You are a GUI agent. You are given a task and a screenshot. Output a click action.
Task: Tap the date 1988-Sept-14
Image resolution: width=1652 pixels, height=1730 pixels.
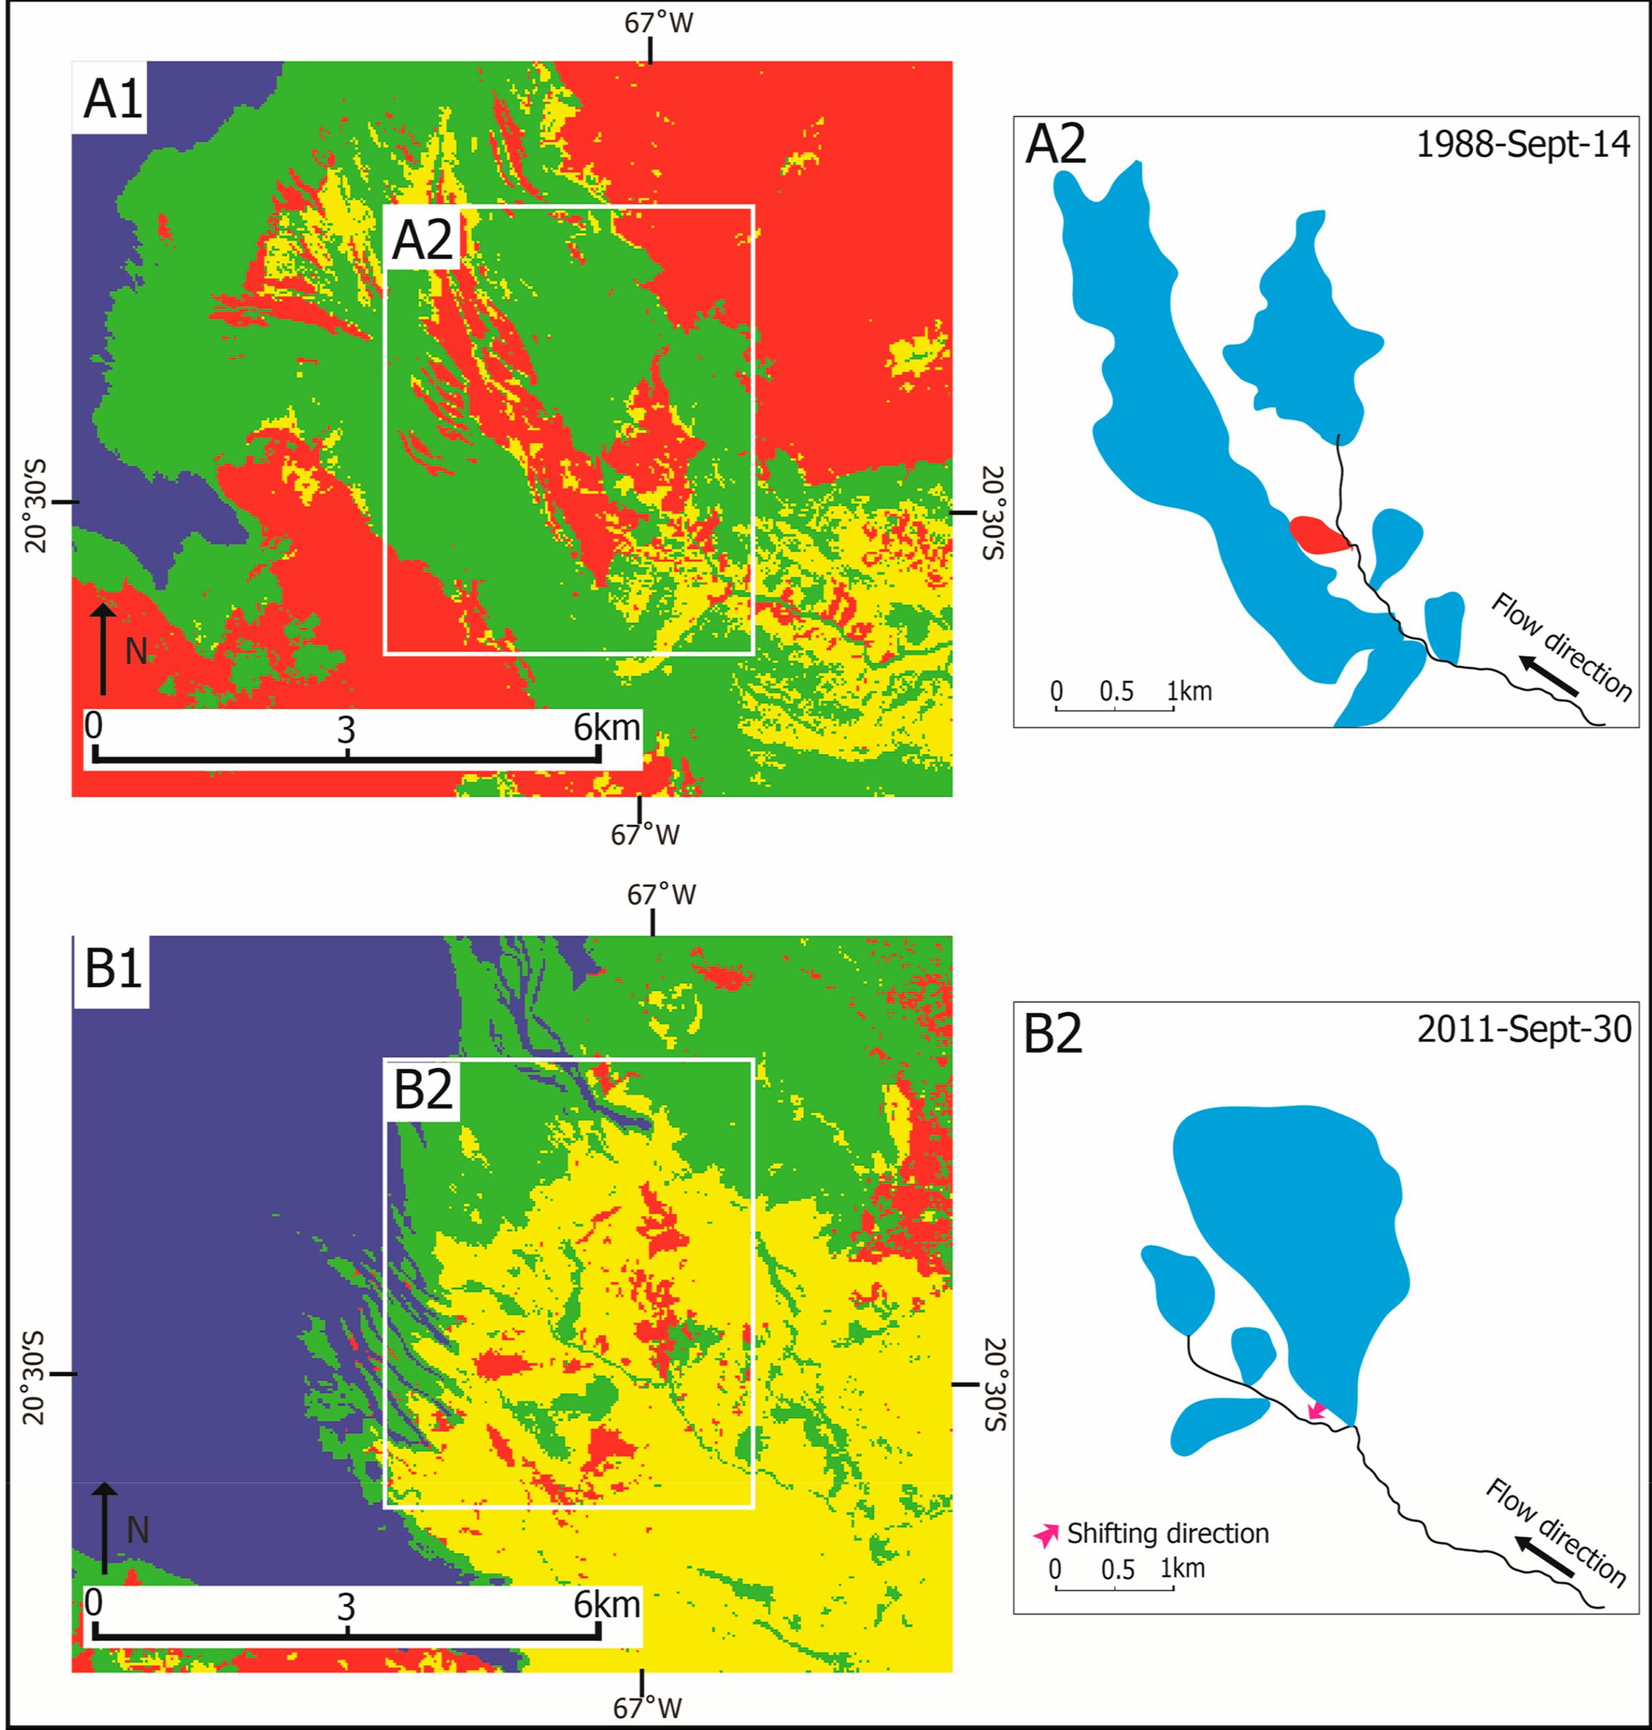tap(1523, 144)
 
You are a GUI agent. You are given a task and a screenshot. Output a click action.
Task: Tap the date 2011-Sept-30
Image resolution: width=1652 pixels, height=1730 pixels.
tap(1523, 1029)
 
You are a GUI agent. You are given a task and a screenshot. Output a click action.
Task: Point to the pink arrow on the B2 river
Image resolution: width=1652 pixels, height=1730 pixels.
tap(1316, 1411)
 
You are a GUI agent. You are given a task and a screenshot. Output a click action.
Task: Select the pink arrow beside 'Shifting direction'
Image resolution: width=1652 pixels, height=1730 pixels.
tap(1046, 1535)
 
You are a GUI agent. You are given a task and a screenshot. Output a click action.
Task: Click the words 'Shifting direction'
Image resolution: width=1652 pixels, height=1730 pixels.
tap(1167, 1534)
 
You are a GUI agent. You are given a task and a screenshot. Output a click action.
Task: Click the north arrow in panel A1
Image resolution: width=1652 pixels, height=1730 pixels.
tap(103, 648)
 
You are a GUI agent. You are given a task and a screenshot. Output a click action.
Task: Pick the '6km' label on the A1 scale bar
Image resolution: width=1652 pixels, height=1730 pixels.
tap(606, 728)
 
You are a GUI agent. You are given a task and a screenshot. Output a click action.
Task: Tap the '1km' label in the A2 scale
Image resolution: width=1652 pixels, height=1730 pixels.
tap(1190, 691)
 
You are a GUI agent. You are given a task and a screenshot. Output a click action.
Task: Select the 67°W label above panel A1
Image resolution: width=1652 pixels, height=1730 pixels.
tap(658, 23)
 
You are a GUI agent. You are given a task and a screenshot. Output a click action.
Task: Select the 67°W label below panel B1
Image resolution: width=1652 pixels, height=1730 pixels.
tap(647, 1708)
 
